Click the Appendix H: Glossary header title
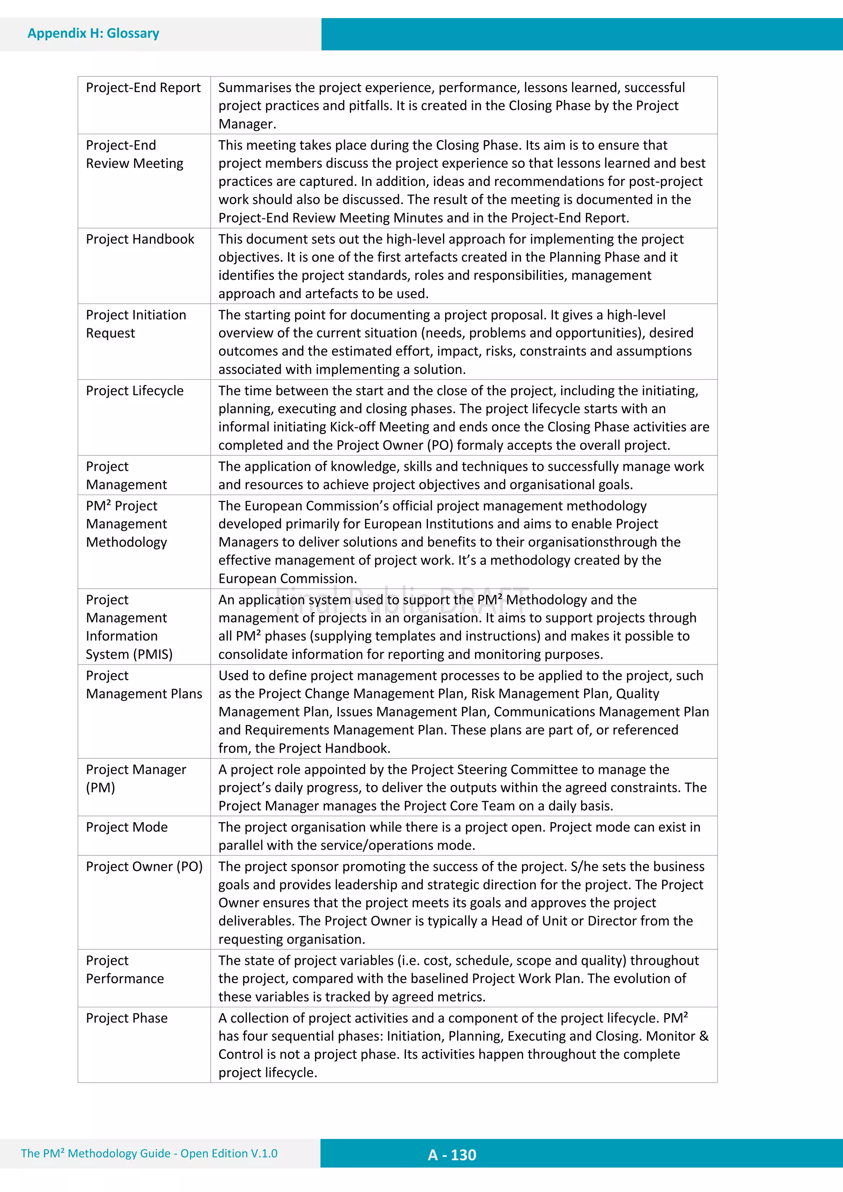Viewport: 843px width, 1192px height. (x=93, y=33)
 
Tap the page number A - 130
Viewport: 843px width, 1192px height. (x=452, y=1155)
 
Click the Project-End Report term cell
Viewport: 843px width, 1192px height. (x=143, y=88)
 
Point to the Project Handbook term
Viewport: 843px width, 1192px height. (x=140, y=239)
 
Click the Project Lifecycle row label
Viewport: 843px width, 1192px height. (x=135, y=391)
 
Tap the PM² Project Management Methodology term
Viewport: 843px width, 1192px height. (x=126, y=524)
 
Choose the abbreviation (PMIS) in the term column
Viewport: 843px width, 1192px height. (x=153, y=655)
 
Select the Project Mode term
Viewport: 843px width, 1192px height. (x=127, y=827)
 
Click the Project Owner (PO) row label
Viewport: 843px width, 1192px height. (x=144, y=867)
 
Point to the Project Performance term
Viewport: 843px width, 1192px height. (x=125, y=969)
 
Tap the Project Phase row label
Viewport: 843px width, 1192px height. (x=127, y=1018)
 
